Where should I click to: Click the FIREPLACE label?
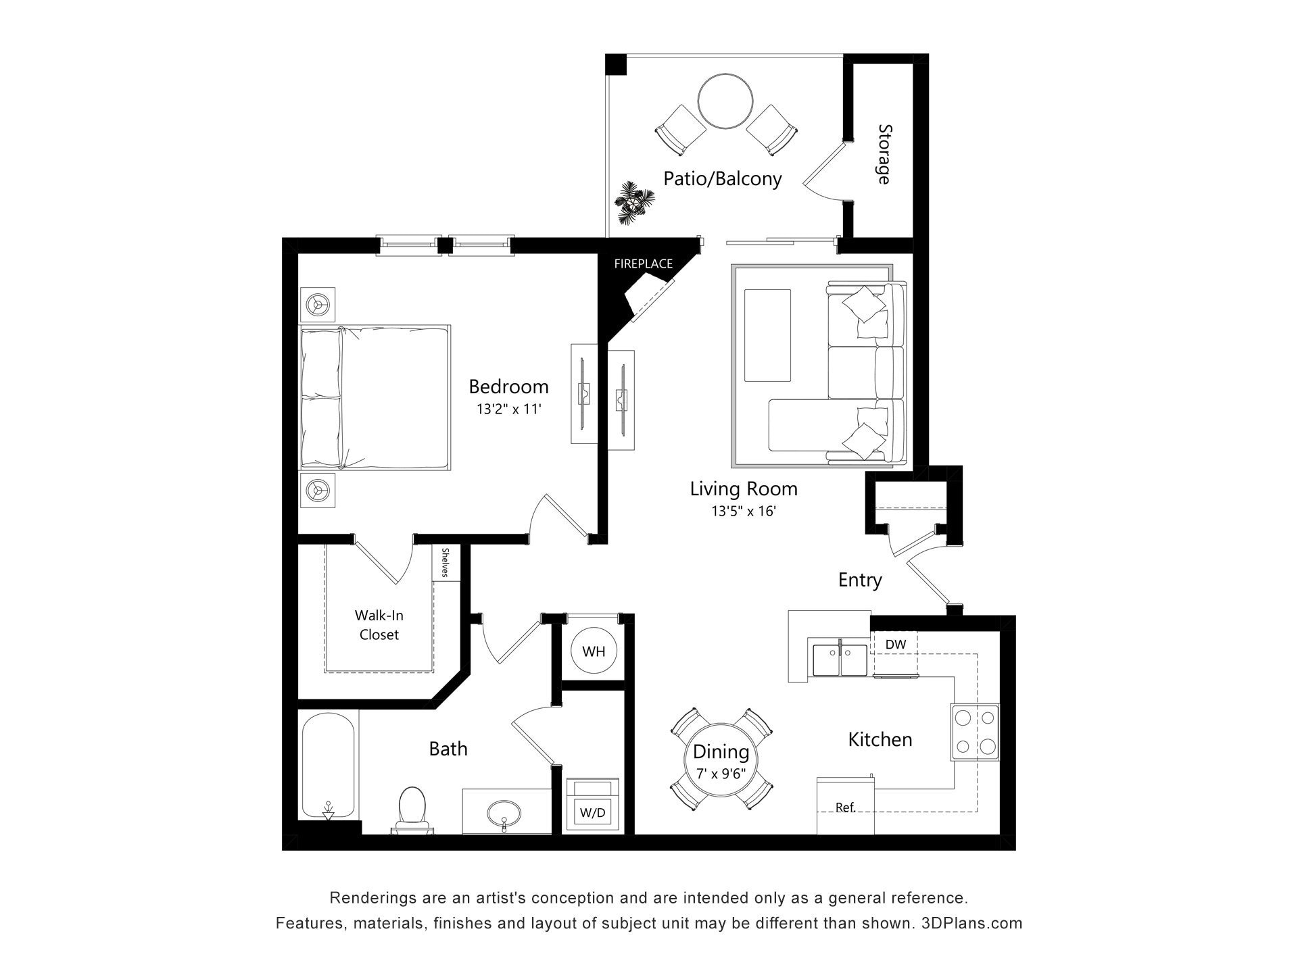coord(643,264)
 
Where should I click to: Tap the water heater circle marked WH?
coord(594,651)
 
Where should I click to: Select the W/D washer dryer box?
coord(593,813)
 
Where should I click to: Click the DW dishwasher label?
coord(895,645)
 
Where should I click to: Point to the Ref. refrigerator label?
coord(845,807)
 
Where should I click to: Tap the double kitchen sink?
coord(840,660)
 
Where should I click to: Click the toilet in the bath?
coord(412,808)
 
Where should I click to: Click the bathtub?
coord(328,767)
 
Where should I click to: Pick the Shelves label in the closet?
coord(446,563)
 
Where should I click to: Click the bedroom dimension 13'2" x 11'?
coord(508,409)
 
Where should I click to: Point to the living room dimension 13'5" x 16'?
coord(743,512)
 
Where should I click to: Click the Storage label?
coord(884,154)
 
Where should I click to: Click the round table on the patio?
coord(725,101)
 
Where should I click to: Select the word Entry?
coord(859,580)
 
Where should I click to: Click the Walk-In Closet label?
coord(379,625)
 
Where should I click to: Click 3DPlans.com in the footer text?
coord(971,923)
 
